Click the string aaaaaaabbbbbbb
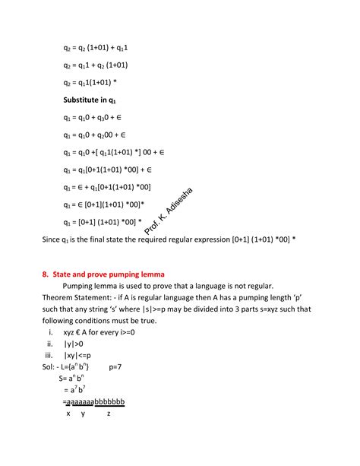(94, 401)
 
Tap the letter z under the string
(109, 414)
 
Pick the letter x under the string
(68, 414)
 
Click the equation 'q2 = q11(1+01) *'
(90, 82)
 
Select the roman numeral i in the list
(49, 332)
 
